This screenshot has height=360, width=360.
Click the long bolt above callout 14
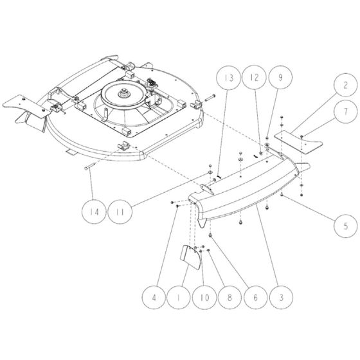coord(91,168)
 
